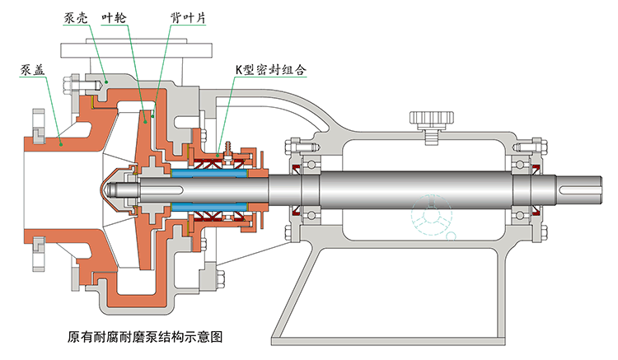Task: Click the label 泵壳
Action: tap(76, 16)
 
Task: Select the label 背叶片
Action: tap(182, 17)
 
